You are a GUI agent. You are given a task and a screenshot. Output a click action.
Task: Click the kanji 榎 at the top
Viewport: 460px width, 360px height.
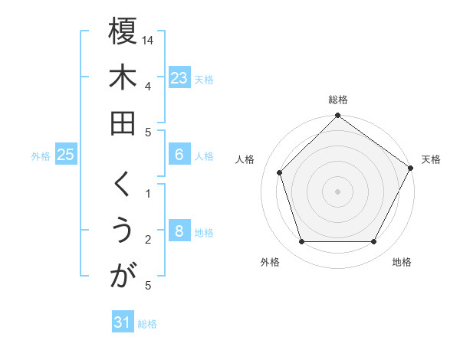[x=123, y=31]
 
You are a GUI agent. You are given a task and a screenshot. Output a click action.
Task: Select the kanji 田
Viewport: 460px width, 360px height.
[x=123, y=123]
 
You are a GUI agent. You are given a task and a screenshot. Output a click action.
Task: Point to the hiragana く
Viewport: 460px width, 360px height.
[x=122, y=185]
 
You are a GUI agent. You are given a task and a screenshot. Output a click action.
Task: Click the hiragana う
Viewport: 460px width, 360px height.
[x=123, y=231]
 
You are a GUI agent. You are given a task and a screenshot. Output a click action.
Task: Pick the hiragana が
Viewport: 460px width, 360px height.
[x=123, y=277]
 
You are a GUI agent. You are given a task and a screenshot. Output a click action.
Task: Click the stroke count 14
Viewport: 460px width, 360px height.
[x=148, y=39]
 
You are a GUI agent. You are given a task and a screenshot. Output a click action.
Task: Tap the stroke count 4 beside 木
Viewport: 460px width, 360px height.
[x=147, y=86]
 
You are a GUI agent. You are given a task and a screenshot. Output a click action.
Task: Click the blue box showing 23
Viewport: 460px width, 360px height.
[x=179, y=77]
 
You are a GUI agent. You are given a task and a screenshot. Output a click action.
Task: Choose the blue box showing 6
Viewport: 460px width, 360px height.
[x=179, y=155]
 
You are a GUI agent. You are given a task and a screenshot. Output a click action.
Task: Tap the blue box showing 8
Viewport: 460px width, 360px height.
[x=179, y=231]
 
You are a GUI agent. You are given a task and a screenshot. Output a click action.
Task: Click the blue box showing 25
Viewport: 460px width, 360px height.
[x=65, y=155]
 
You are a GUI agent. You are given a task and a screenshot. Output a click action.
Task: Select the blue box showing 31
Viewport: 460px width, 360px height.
[x=123, y=322]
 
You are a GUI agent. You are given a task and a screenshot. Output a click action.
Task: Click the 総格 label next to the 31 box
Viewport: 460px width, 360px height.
[x=147, y=324]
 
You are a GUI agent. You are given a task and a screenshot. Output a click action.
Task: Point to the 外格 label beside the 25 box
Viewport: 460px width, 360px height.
[x=41, y=156]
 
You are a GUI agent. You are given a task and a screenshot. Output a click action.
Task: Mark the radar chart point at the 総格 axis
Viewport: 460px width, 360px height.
[x=337, y=116]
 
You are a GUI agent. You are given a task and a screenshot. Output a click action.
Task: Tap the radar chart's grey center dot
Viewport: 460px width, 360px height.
[x=337, y=191]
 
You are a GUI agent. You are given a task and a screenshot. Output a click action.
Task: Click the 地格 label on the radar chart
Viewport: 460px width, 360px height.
[x=402, y=262]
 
